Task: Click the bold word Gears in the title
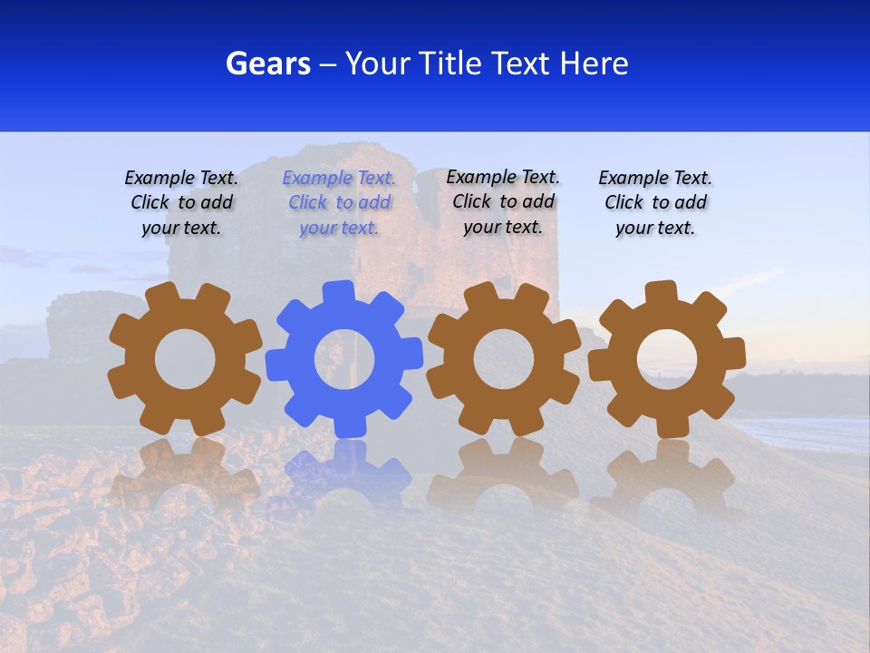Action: [267, 63]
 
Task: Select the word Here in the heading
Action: [594, 63]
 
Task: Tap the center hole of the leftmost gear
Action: [185, 359]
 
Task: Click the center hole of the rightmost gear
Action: [667, 359]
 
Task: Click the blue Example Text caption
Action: [339, 203]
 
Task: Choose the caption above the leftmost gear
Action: [181, 203]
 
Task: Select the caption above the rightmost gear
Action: [655, 203]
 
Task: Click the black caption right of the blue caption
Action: [503, 202]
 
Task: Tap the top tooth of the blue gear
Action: [338, 292]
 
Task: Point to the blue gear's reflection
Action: [344, 472]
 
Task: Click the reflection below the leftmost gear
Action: [185, 472]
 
